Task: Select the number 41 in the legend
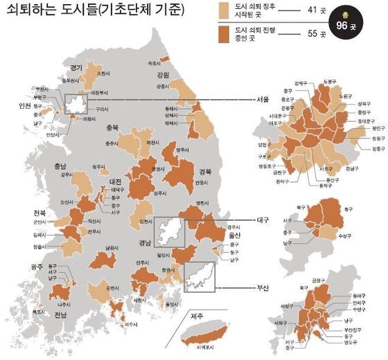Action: click(x=311, y=11)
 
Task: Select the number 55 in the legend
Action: click(x=311, y=33)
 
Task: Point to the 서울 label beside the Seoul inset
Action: click(x=262, y=99)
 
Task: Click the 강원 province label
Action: click(x=163, y=75)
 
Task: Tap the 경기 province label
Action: click(x=76, y=68)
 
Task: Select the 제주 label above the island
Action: click(x=197, y=316)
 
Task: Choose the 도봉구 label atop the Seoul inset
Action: click(x=330, y=81)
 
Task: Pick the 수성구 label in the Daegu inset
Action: click(x=345, y=236)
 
